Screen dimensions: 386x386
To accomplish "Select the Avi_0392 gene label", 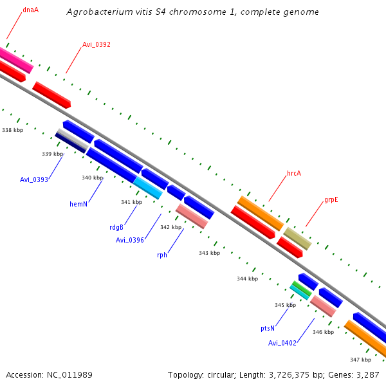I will (96, 45).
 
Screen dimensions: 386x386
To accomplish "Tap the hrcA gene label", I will (294, 174).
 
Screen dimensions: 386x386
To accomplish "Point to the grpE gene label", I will (331, 199).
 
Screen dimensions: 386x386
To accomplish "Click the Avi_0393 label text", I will (34, 179).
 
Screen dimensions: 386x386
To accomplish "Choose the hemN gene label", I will (78, 204).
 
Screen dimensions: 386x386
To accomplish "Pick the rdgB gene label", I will (116, 227).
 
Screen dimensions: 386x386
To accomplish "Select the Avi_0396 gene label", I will (130, 240).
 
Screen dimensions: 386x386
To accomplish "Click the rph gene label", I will (162, 255).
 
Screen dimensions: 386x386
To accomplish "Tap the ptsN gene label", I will (268, 328).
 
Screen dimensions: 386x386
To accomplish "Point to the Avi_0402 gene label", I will (282, 343).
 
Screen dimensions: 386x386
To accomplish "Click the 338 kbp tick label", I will (13, 130).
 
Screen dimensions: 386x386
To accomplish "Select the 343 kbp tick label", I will (210, 253).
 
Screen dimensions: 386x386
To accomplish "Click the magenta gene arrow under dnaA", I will (16, 59).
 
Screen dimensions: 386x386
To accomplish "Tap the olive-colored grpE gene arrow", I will (297, 238).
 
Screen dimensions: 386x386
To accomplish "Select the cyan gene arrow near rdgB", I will (148, 188).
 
